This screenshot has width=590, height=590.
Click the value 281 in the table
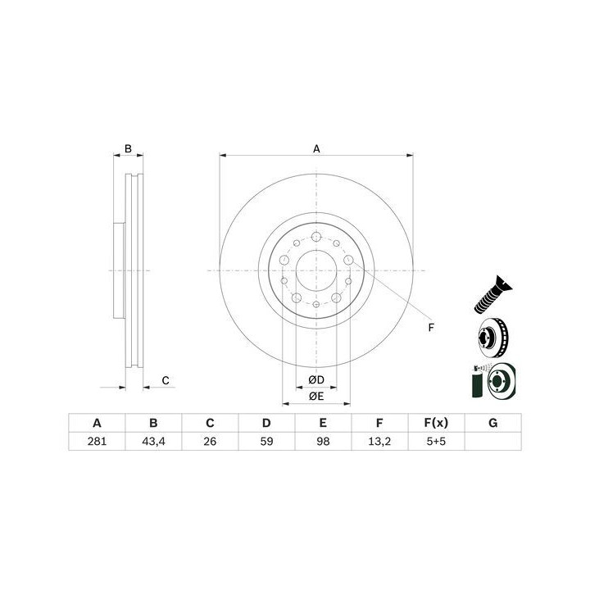[x=97, y=441]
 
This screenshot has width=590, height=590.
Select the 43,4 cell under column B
[x=153, y=441]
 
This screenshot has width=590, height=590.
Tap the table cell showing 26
[x=210, y=441]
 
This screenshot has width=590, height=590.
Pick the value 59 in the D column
[x=266, y=441]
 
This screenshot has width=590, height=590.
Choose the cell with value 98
[x=323, y=441]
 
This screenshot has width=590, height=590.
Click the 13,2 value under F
[x=379, y=441]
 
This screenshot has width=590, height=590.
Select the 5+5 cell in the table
[x=436, y=441]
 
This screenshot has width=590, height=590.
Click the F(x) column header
[x=436, y=423]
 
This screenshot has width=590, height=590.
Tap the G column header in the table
[x=493, y=423]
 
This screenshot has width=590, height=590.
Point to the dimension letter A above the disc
[x=316, y=148]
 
